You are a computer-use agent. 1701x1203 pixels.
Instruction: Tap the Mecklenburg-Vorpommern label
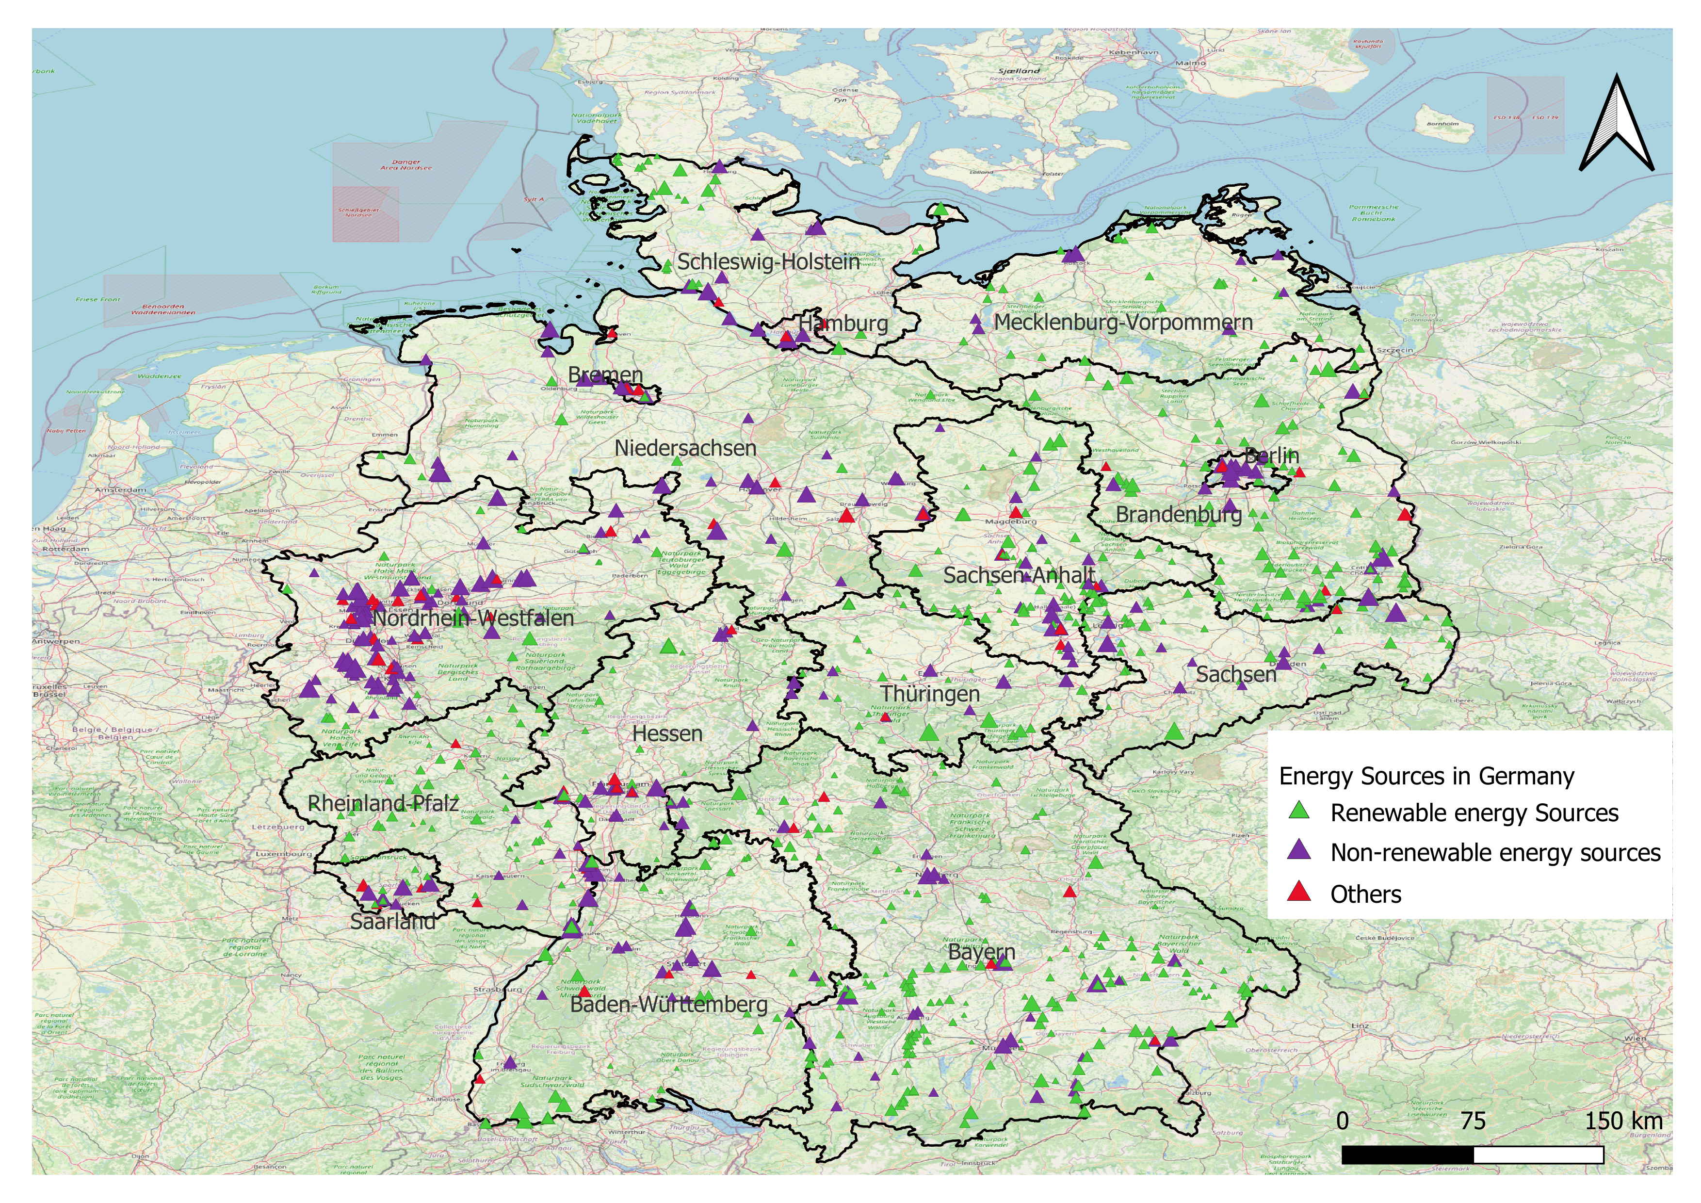click(x=1123, y=323)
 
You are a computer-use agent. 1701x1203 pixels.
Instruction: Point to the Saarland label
click(x=393, y=922)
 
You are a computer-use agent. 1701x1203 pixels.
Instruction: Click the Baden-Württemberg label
click(x=668, y=1005)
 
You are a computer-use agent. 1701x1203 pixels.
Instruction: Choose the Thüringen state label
click(x=930, y=695)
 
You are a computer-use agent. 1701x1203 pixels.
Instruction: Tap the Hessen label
click(x=667, y=734)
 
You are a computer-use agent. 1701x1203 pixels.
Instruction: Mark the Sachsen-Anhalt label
click(x=1019, y=576)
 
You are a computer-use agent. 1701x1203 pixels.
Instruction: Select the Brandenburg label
click(x=1179, y=514)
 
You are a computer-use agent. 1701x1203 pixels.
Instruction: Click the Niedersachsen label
click(x=685, y=448)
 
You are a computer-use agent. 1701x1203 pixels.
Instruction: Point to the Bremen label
click(x=605, y=375)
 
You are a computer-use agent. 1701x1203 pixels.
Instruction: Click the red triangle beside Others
click(x=1299, y=892)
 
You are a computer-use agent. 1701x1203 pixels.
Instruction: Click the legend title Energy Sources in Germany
click(x=1426, y=776)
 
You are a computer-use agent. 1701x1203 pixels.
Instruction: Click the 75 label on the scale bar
click(x=1473, y=1121)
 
